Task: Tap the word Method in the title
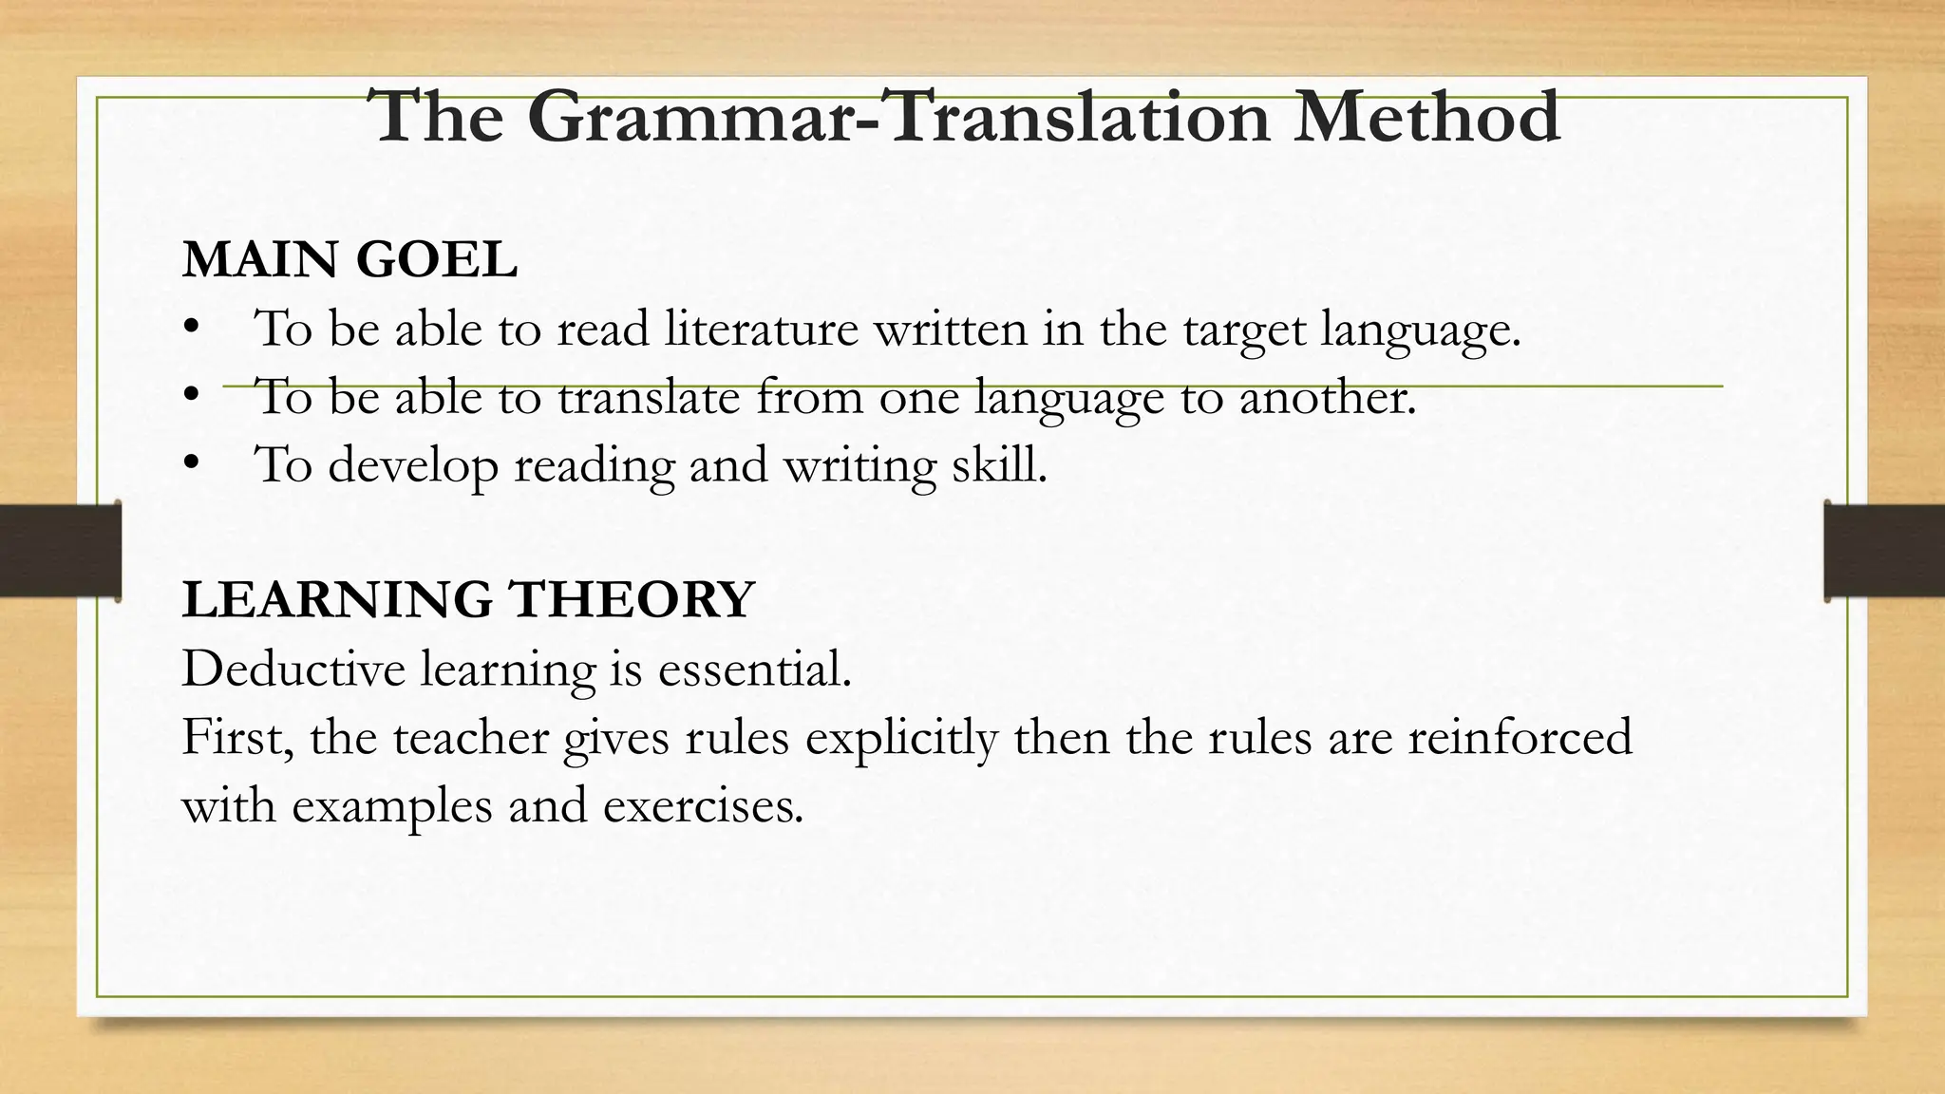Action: click(x=1426, y=118)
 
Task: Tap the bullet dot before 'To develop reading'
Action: click(x=192, y=462)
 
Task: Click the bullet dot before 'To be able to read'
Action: click(x=192, y=327)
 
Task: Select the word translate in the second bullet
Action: click(x=648, y=397)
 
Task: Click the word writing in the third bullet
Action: click(x=859, y=466)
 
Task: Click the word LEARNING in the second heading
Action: click(x=337, y=600)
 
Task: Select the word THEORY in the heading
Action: click(x=632, y=600)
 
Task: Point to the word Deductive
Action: click(x=293, y=669)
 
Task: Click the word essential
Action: click(x=754, y=669)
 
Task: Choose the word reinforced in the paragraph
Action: click(x=1520, y=737)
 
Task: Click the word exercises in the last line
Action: click(x=703, y=806)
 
